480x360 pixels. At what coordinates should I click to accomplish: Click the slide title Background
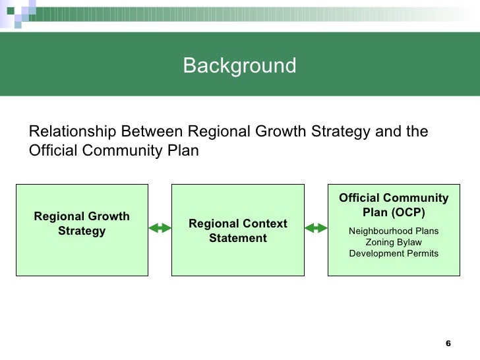click(239, 66)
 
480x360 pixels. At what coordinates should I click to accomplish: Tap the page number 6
click(448, 344)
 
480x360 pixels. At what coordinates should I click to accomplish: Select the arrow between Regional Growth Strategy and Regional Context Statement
click(160, 228)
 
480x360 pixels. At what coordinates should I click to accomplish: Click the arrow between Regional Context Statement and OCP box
click(316, 228)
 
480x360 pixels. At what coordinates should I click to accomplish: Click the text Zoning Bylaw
click(393, 242)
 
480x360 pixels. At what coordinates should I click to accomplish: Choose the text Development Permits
click(393, 253)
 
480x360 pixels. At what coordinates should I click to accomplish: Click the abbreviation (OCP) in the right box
click(408, 213)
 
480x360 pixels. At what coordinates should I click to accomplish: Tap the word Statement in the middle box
click(237, 237)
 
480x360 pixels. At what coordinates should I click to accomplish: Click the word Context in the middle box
click(264, 224)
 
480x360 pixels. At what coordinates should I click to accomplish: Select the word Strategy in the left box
click(82, 231)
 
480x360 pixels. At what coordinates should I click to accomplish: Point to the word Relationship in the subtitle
click(72, 132)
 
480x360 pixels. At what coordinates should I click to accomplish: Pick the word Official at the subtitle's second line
click(53, 151)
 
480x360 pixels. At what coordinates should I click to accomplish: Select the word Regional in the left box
click(59, 217)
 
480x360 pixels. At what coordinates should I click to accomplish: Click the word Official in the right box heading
click(360, 199)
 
